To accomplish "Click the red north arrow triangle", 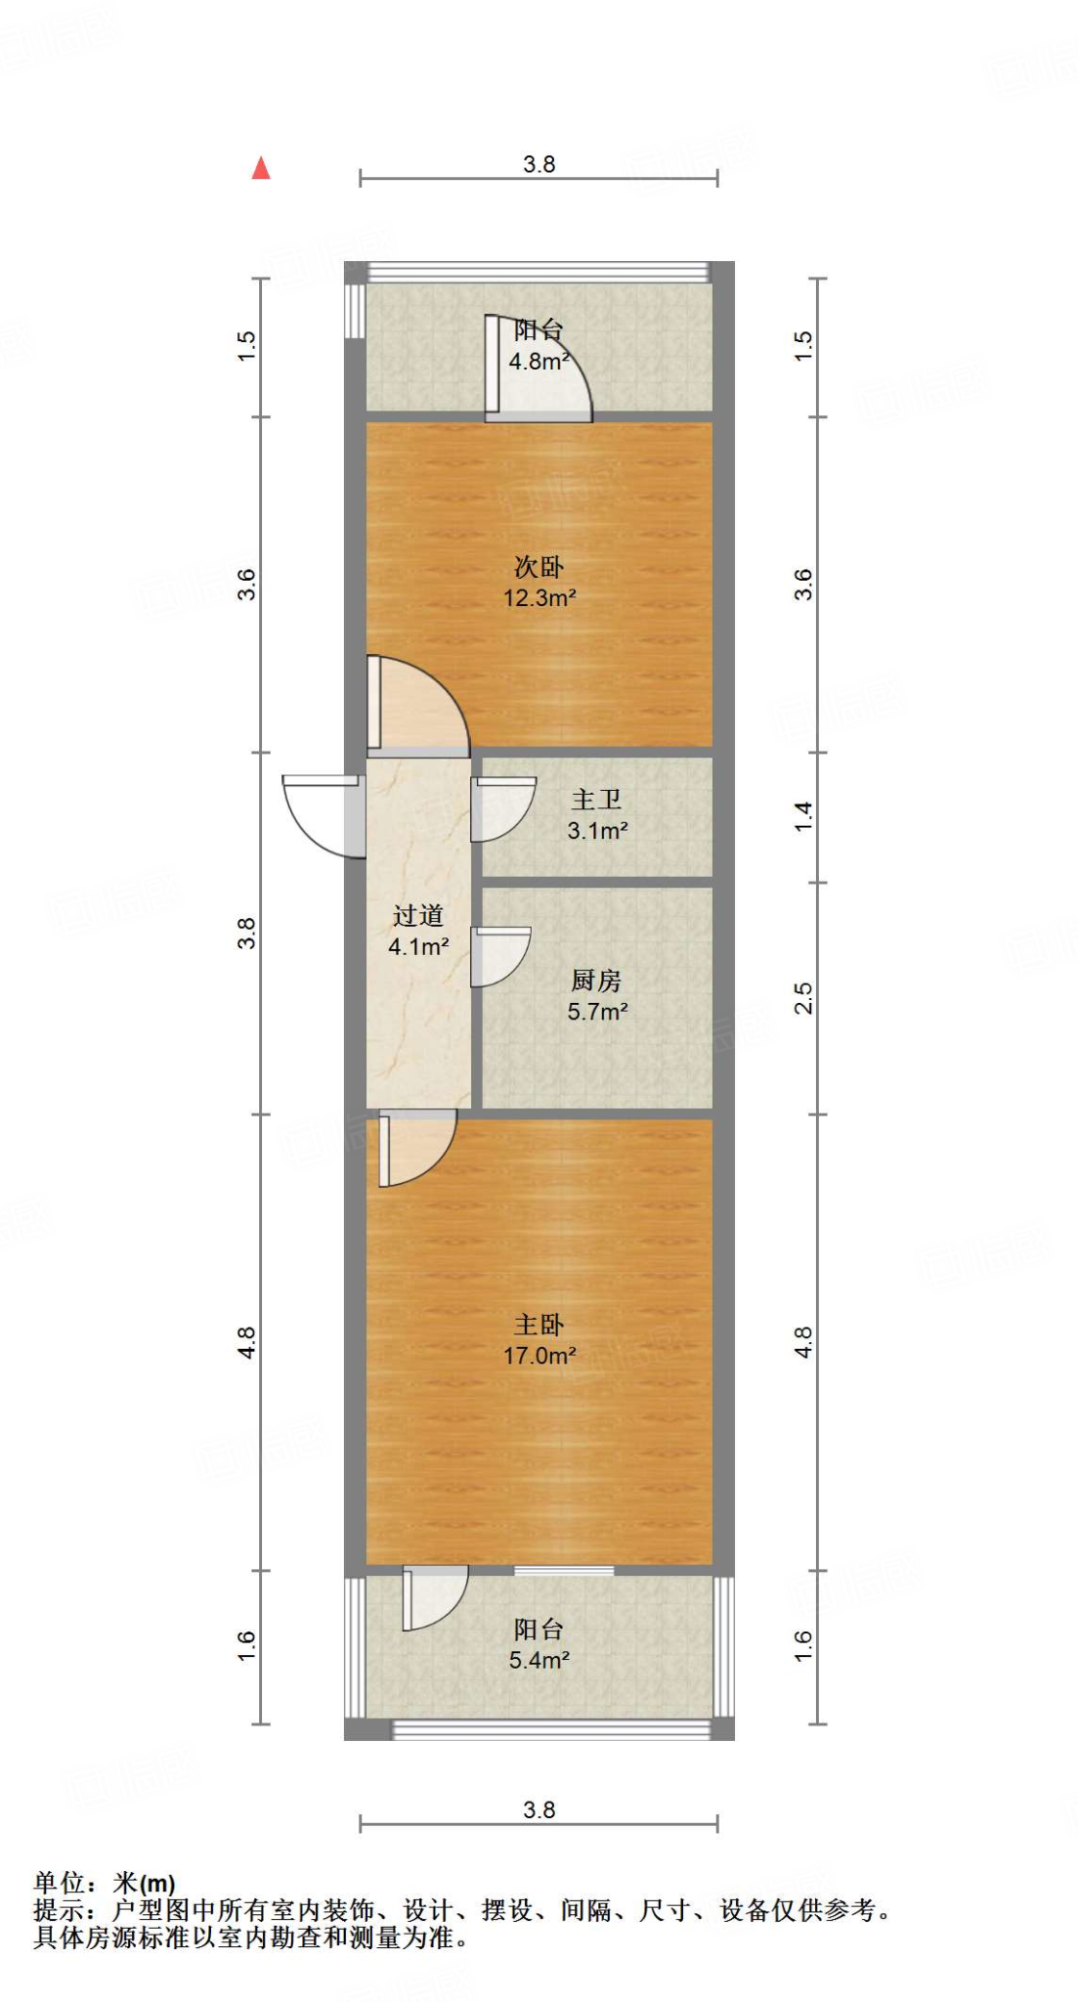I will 261,169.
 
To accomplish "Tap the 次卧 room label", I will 539,567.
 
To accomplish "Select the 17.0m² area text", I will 539,1356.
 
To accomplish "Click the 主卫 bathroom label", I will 596,800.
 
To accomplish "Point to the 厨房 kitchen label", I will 596,979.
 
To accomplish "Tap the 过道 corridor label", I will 418,916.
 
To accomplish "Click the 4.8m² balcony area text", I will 539,361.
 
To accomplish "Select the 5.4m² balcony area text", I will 539,1660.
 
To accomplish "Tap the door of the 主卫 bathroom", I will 500,808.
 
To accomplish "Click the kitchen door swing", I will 498,956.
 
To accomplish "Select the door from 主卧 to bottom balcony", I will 433,1597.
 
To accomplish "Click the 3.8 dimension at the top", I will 539,164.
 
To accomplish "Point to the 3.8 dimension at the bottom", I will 539,1810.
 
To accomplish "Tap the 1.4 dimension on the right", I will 803,816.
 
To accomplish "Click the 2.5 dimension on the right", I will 803,998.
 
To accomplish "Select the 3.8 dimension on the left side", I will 246,933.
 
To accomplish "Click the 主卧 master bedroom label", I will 539,1325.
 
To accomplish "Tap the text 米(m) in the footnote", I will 144,1883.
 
